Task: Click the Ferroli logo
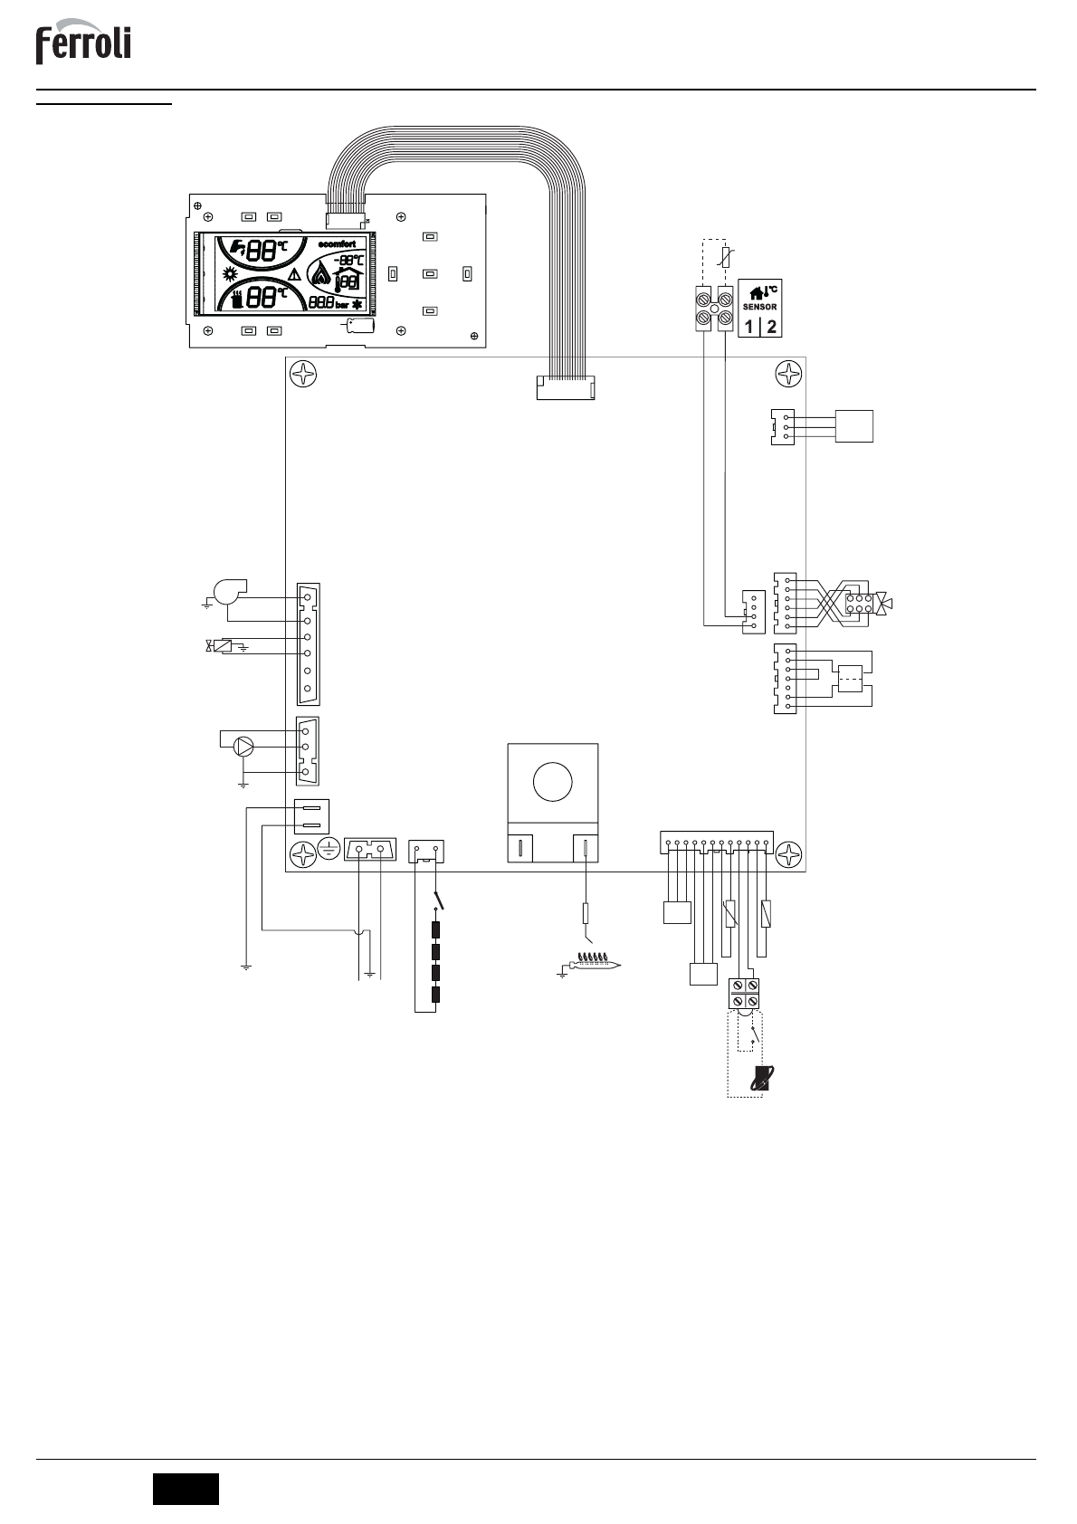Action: pyautogui.click(x=83, y=45)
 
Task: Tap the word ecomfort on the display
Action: pyautogui.click(x=342, y=243)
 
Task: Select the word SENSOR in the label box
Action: pyautogui.click(x=760, y=307)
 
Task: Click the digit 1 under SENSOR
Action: pyautogui.click(x=750, y=326)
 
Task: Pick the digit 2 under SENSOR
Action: pyautogui.click(x=771, y=326)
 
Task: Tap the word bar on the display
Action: pyautogui.click(x=342, y=305)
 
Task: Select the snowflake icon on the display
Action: pyautogui.click(x=357, y=304)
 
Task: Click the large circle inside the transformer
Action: pyautogui.click(x=552, y=781)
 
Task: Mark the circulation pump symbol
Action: pyautogui.click(x=243, y=746)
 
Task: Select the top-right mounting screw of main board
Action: pyautogui.click(x=790, y=373)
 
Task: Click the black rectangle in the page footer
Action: pyautogui.click(x=186, y=1488)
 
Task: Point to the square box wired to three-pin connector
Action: pyautogui.click(x=854, y=425)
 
